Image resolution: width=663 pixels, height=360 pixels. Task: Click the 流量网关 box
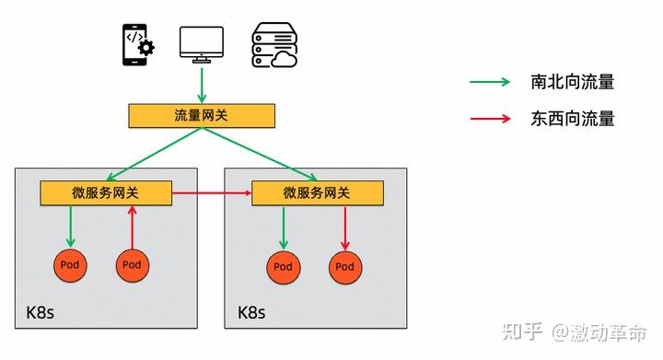(x=201, y=116)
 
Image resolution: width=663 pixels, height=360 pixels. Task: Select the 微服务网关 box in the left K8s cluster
(x=106, y=193)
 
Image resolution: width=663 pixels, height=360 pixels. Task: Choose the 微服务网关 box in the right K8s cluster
(x=317, y=193)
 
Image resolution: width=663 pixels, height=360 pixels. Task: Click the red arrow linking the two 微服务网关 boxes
(x=212, y=193)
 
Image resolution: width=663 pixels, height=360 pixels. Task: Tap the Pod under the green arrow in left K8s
(x=70, y=265)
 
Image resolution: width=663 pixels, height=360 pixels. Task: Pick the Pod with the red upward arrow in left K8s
(x=132, y=265)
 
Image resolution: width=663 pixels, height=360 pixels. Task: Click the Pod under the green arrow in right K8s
(x=283, y=267)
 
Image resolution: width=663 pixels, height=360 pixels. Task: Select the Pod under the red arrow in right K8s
(x=344, y=267)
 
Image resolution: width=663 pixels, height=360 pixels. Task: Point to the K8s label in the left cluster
(x=40, y=312)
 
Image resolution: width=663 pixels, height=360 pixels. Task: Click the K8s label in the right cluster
(x=251, y=312)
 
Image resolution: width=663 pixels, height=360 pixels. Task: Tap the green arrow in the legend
(x=490, y=82)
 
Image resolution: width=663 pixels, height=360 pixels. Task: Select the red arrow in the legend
(x=490, y=118)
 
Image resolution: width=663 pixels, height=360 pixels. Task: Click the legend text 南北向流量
(x=572, y=82)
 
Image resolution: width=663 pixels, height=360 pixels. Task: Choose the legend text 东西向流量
(x=572, y=118)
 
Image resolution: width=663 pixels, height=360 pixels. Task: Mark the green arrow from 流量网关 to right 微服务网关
(x=259, y=155)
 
